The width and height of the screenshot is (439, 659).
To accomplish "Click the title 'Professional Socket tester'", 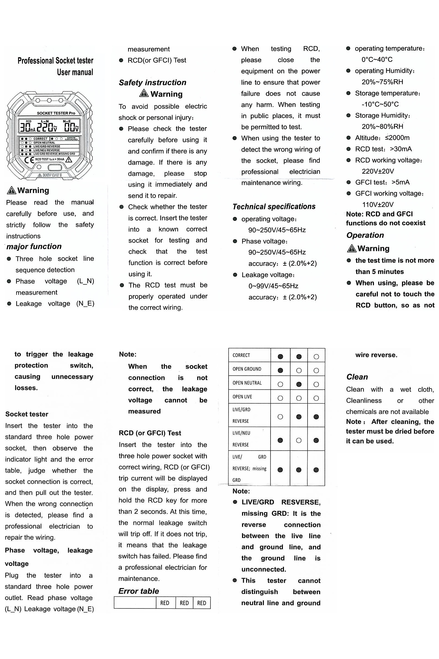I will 55,60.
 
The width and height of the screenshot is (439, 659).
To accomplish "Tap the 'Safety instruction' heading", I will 152,83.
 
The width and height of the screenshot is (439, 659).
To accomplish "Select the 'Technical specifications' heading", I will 274,207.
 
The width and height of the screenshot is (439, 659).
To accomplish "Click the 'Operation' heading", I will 365,235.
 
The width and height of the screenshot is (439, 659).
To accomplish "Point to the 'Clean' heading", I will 357,377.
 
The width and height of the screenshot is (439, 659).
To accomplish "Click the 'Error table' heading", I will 139,591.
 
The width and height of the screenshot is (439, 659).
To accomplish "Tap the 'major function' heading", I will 34,247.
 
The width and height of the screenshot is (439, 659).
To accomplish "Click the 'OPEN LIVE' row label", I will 242,397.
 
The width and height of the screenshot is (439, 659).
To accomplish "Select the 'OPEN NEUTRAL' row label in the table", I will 247,383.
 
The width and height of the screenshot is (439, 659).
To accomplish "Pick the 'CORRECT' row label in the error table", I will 241,355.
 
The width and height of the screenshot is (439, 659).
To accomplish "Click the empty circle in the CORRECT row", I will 316,357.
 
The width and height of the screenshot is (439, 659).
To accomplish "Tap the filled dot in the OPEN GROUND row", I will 280,370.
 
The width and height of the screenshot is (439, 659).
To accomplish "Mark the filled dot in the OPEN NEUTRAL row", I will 299,384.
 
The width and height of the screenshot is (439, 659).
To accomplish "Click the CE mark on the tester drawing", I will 29,160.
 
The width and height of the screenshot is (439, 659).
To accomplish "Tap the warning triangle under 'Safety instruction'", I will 143,93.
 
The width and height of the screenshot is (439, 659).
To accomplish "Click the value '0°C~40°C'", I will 377,60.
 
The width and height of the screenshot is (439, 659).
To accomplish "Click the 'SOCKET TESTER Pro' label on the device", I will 56,113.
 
